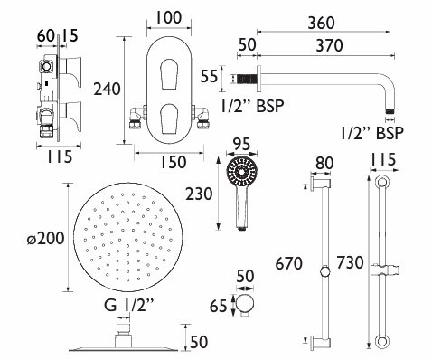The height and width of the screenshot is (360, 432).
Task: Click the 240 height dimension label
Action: pyautogui.click(x=107, y=90)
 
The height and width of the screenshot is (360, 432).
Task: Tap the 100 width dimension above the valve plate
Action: pyautogui.click(x=168, y=17)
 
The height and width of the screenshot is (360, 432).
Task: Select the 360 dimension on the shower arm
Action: pyautogui.click(x=321, y=24)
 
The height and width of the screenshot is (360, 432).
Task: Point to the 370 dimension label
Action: pyautogui.click(x=329, y=46)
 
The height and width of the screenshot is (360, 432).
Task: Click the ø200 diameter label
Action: pyautogui.click(x=45, y=239)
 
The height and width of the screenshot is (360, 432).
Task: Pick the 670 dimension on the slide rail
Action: pyautogui.click(x=288, y=263)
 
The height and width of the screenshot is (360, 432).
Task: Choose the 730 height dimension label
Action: pyautogui.click(x=350, y=262)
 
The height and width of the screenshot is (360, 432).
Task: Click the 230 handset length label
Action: pyautogui.click(x=199, y=194)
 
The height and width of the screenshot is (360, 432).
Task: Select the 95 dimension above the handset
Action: pyautogui.click(x=241, y=144)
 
